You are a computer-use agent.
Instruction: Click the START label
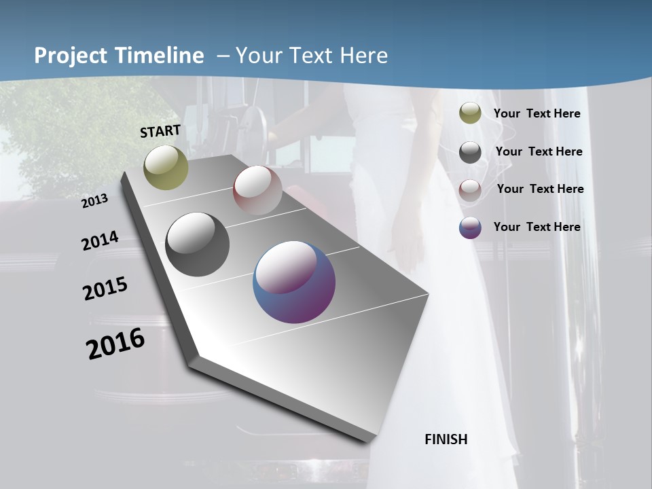pyautogui.click(x=160, y=131)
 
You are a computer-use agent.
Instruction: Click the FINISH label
pyautogui.click(x=446, y=439)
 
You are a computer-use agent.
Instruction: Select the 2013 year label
pyautogui.click(x=94, y=201)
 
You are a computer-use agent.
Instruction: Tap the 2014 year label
pyautogui.click(x=100, y=241)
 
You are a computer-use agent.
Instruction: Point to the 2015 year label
pyautogui.click(x=105, y=289)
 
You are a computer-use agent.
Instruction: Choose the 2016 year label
pyautogui.click(x=115, y=344)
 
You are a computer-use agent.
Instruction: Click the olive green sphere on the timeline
pyautogui.click(x=166, y=167)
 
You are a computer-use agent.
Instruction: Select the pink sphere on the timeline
pyautogui.click(x=257, y=189)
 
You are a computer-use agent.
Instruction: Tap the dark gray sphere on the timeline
pyautogui.click(x=197, y=244)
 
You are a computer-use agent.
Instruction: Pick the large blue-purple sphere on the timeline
pyautogui.click(x=294, y=282)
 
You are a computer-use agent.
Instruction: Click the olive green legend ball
pyautogui.click(x=470, y=113)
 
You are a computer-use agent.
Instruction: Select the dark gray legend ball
pyautogui.click(x=470, y=152)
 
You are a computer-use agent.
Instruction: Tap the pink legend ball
pyautogui.click(x=470, y=189)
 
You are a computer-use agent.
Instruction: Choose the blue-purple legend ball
pyautogui.click(x=470, y=228)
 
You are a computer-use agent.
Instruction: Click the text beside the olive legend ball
pyautogui.click(x=537, y=113)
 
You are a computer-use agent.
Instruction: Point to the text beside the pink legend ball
pyautogui.click(x=540, y=189)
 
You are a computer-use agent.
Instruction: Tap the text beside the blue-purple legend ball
pyautogui.click(x=537, y=227)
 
